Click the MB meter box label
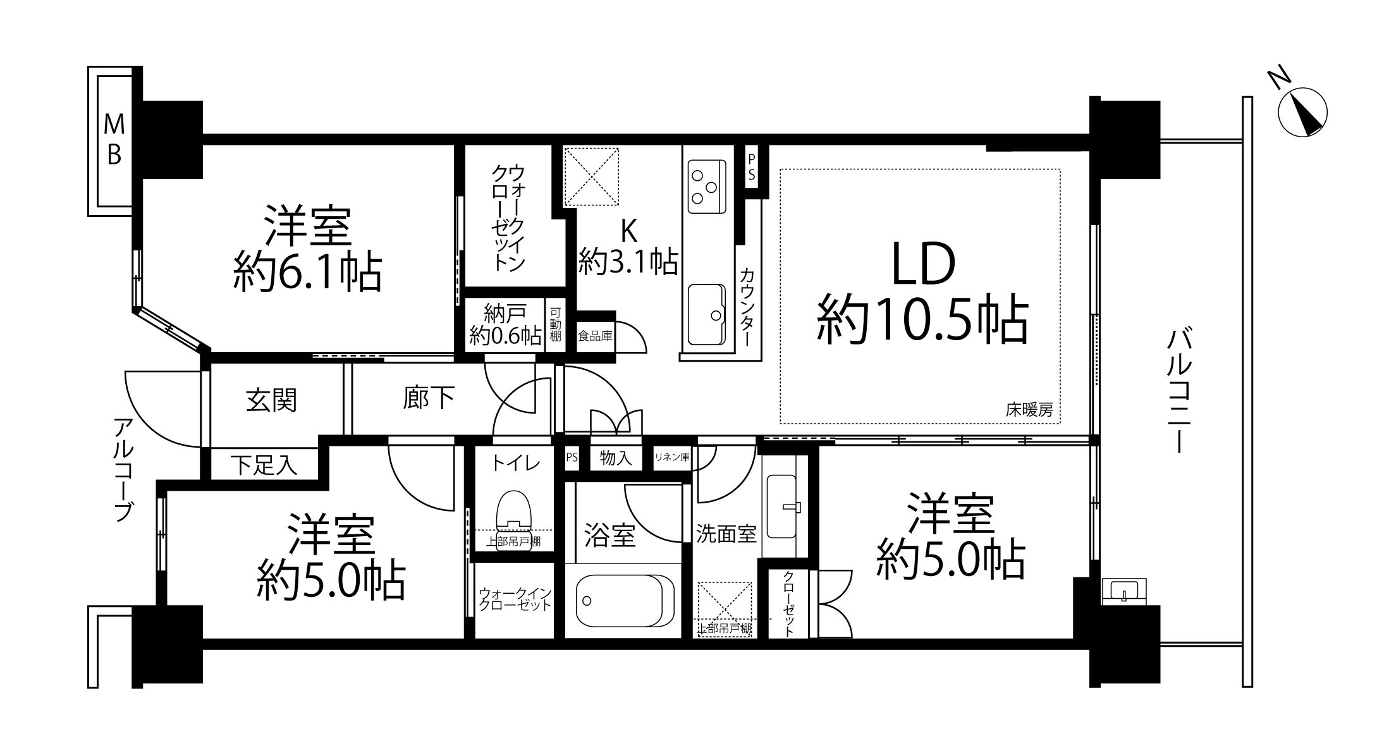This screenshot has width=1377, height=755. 114,140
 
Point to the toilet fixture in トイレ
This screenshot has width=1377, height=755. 514,520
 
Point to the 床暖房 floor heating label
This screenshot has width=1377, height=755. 1029,410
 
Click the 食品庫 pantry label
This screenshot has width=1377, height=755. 595,336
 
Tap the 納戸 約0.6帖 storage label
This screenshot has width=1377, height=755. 505,324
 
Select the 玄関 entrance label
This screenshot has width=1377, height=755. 271,400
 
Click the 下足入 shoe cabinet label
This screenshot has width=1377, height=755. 263,465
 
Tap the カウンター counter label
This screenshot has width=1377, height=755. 748,307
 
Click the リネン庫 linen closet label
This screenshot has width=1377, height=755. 671,457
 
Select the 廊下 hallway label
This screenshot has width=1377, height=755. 429,398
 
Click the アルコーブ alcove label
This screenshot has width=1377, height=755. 125,470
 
